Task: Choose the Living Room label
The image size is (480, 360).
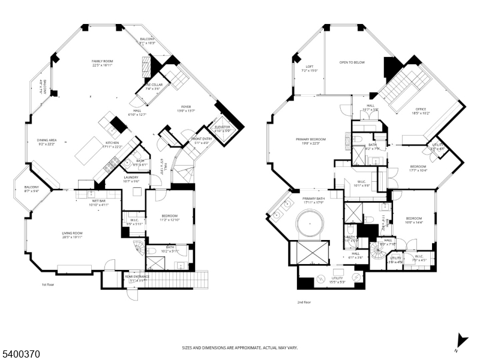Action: (73, 235)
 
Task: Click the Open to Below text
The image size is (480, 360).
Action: (352, 62)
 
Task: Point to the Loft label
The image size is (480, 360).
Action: (310, 68)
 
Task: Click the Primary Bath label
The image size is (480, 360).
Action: (313, 200)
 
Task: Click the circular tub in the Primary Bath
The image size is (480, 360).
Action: (309, 227)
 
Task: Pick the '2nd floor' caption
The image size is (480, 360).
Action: (305, 302)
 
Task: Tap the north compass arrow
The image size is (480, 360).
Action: (461, 340)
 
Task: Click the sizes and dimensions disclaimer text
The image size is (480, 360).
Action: (239, 347)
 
